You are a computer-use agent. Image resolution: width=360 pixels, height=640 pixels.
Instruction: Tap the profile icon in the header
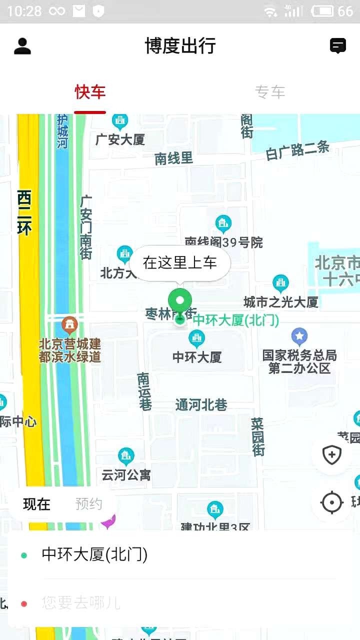22,46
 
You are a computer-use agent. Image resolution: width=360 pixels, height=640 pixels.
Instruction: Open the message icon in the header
338,46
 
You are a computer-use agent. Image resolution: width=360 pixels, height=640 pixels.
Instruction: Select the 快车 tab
90,92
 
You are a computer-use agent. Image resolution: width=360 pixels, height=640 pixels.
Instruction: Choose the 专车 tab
270,92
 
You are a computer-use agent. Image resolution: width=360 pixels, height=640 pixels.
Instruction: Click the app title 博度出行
180,46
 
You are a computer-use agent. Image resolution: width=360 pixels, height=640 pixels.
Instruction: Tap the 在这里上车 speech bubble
180,262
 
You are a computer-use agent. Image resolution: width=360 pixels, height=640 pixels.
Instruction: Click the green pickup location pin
180,301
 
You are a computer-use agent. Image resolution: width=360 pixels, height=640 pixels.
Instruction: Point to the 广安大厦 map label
120,139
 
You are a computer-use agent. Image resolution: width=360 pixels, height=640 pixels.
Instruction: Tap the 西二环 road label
24,212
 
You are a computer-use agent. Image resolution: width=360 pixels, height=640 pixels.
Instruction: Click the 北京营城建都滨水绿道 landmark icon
70,325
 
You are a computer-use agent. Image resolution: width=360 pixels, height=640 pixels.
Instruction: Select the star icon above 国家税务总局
299,336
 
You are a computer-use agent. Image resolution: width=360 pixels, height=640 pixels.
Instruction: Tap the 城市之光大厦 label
281,302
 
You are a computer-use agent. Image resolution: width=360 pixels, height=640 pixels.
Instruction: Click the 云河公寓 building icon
126,456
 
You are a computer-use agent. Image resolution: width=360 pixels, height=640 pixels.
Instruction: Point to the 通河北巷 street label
201,405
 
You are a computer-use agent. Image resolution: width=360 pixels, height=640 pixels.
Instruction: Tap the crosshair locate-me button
331,502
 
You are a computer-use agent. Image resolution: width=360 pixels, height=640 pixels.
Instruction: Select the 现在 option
37,504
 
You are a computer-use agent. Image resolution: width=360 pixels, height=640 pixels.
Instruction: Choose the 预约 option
89,504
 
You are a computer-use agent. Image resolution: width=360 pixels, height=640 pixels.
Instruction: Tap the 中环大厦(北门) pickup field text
94,554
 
